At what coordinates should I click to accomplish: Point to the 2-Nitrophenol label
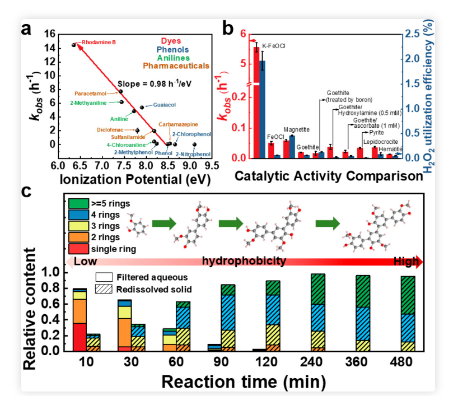pyautogui.click(x=193, y=154)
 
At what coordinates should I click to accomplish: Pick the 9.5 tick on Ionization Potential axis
pyautogui.click(x=211, y=166)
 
